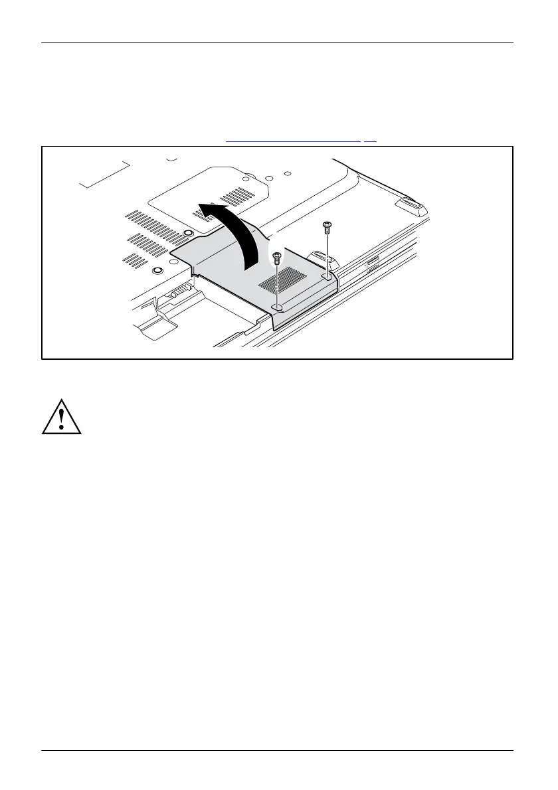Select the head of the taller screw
(326, 226)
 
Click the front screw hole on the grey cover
(279, 306)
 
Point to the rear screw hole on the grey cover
(327, 274)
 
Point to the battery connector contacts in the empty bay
(179, 291)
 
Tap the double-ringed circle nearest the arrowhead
(189, 233)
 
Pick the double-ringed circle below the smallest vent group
(157, 270)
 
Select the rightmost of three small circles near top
(288, 173)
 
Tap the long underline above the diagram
(293, 141)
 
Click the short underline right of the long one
(370, 141)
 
